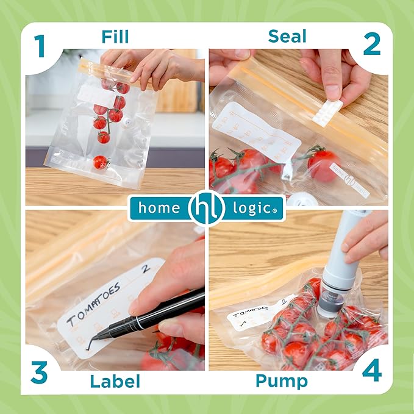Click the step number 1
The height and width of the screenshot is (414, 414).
click(x=40, y=45)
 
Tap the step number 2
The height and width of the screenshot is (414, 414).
click(x=371, y=45)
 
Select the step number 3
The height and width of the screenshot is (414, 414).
click(x=39, y=373)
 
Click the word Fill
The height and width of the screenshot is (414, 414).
click(x=115, y=37)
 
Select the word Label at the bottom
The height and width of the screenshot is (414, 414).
click(x=115, y=382)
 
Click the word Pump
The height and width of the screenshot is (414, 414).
click(x=281, y=382)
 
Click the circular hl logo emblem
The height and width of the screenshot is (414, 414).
click(x=206, y=208)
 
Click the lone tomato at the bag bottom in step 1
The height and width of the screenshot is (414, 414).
click(x=100, y=162)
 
